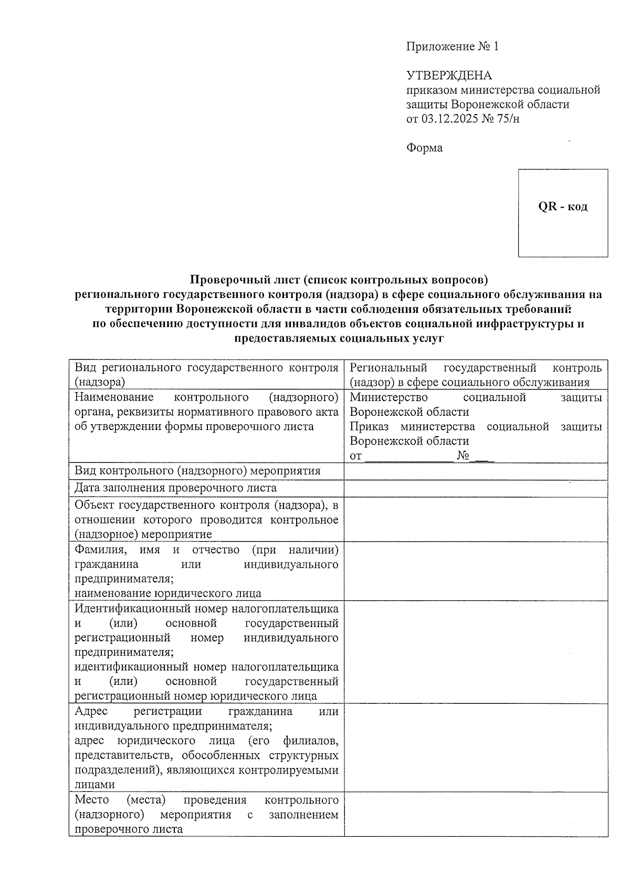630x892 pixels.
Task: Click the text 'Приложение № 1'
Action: click(x=452, y=47)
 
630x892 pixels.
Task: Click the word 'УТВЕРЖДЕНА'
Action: click(x=449, y=75)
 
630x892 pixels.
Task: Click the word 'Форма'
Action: click(x=424, y=148)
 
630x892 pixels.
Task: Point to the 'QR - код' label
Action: click(x=563, y=207)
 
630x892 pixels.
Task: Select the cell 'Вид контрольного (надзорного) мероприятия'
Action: click(x=197, y=471)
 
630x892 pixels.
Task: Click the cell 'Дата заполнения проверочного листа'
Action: click(x=175, y=488)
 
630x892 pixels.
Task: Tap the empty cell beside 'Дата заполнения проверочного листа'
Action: click(x=475, y=489)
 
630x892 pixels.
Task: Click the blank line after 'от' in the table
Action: click(x=408, y=456)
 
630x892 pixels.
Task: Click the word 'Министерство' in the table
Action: click(x=389, y=398)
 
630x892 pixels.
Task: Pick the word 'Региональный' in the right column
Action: click(x=388, y=368)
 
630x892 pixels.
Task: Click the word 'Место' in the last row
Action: click(x=92, y=800)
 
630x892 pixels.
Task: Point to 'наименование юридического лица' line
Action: click(x=168, y=594)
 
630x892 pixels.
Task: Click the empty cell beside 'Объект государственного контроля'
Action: click(x=475, y=519)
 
